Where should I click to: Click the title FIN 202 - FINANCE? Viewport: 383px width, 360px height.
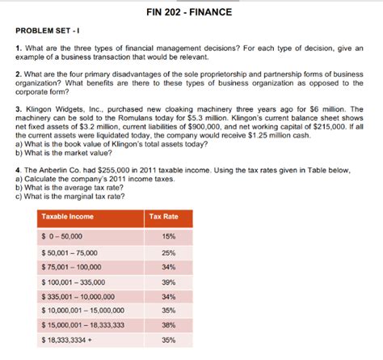coord(191,12)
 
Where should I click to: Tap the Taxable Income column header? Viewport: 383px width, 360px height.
coord(69,216)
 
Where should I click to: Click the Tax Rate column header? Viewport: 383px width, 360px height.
coord(164,216)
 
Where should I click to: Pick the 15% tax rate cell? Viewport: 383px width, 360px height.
coord(168,235)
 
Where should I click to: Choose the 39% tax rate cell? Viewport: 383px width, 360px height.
coord(168,281)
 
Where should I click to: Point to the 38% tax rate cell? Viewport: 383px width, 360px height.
coord(168,324)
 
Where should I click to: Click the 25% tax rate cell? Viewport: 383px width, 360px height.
coord(168,251)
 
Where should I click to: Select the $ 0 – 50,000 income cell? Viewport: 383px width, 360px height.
coord(62,235)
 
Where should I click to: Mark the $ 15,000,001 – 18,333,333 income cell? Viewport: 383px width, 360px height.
coord(82,324)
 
